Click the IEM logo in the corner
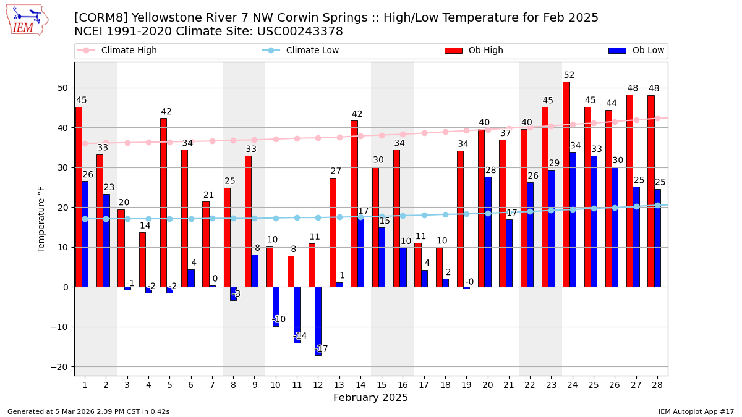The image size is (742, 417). pyautogui.click(x=27, y=19)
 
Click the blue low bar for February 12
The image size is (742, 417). pyautogui.click(x=318, y=321)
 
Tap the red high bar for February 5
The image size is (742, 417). pyautogui.click(x=163, y=203)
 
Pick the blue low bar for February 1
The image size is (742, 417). pyautogui.click(x=85, y=234)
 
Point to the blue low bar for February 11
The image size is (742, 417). pyautogui.click(x=297, y=314)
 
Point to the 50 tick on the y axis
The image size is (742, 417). pyautogui.click(x=63, y=88)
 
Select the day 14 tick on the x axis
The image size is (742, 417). pyautogui.click(x=360, y=385)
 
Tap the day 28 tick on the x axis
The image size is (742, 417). pyautogui.click(x=657, y=385)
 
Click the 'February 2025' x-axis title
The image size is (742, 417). pyautogui.click(x=370, y=398)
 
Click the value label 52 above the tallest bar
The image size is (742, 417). pyautogui.click(x=569, y=75)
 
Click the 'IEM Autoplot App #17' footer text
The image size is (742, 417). pyautogui.click(x=696, y=411)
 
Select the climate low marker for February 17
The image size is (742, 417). pyautogui.click(x=424, y=215)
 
